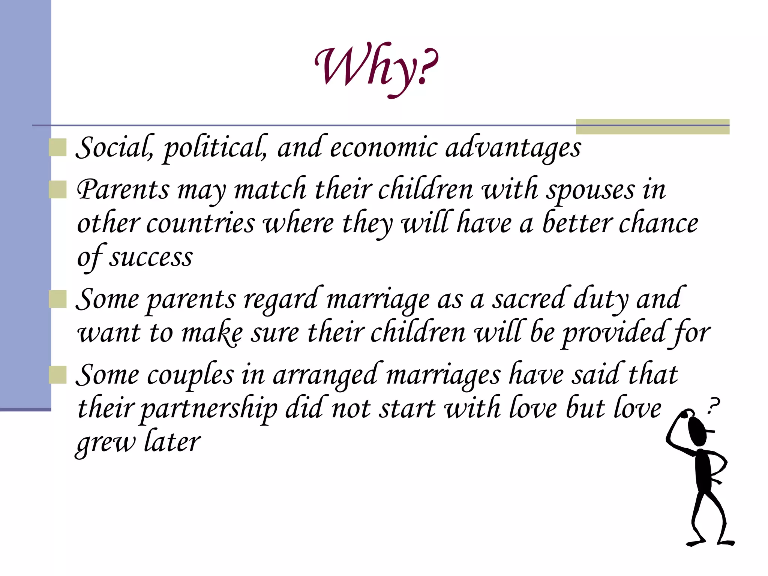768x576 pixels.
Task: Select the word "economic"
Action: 383,148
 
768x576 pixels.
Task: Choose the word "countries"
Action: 200,224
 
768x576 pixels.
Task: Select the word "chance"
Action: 658,224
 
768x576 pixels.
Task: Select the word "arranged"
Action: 325,375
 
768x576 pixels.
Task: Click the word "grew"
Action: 106,443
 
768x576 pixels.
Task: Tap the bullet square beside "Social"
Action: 58,147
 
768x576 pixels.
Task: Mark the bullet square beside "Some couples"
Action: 58,375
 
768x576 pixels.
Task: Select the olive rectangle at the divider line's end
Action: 652,126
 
